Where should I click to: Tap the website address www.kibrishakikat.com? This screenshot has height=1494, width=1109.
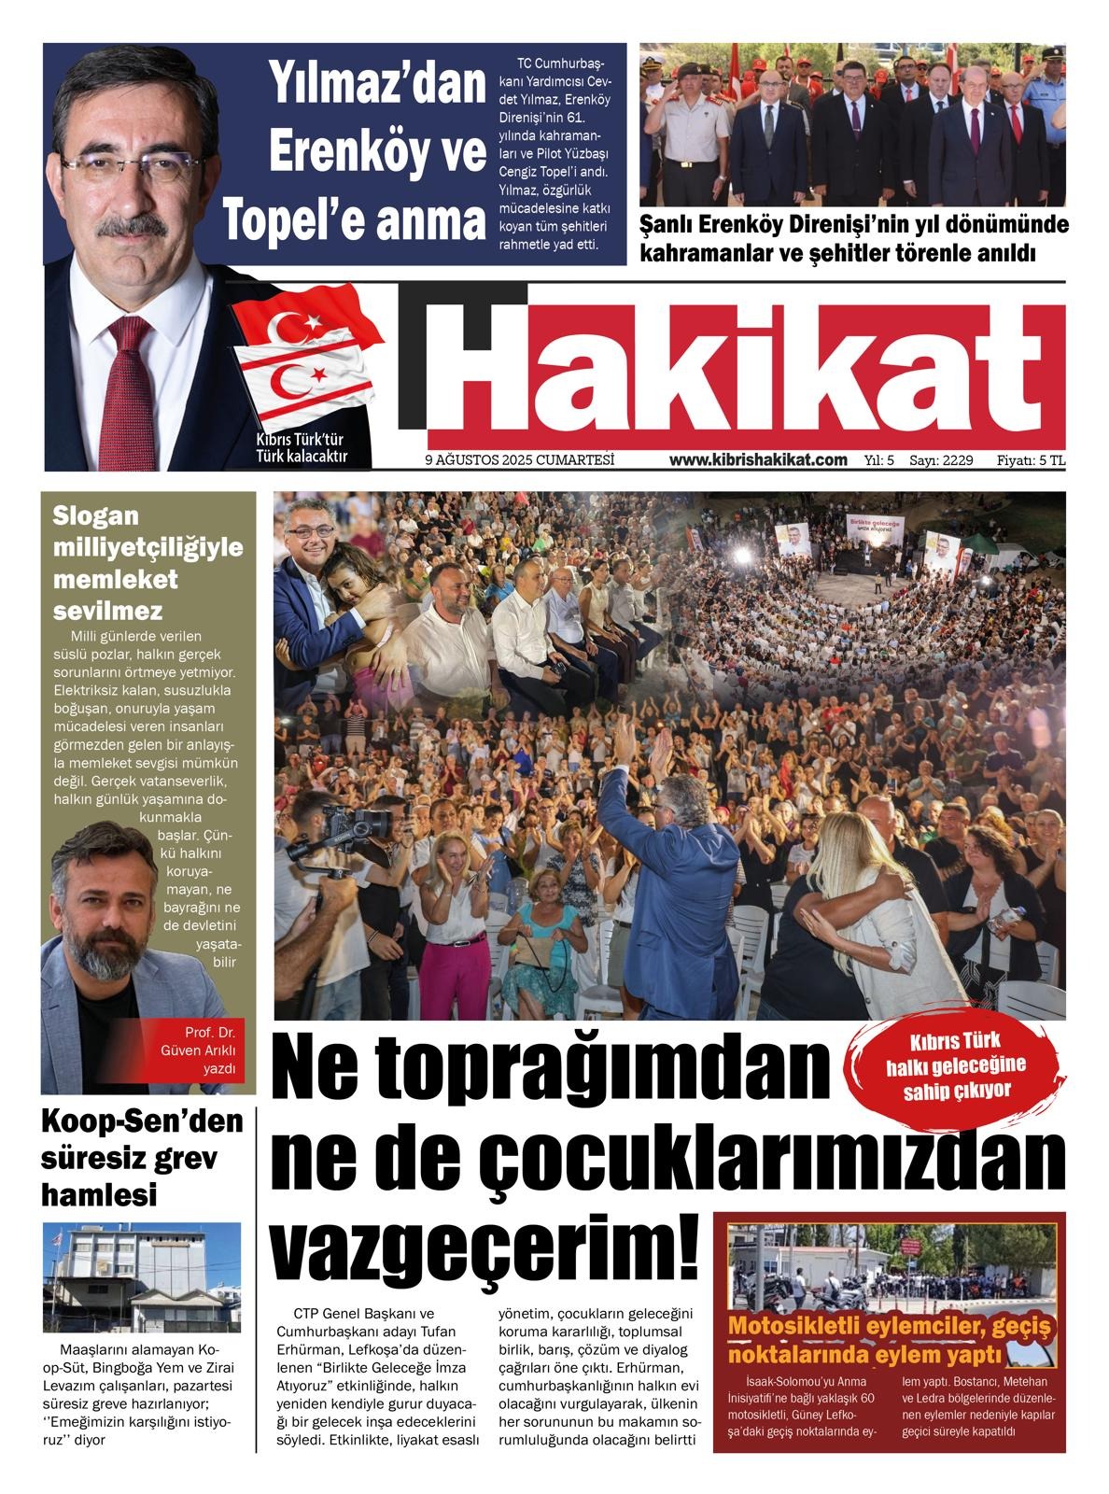[x=758, y=459]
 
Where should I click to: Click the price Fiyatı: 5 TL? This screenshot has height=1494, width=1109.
[x=1031, y=459]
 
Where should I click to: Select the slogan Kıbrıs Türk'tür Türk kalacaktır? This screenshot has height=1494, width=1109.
[x=301, y=448]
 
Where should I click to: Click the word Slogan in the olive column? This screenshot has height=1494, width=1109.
[x=95, y=515]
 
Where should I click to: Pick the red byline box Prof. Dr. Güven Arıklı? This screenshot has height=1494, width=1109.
[x=200, y=1050]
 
